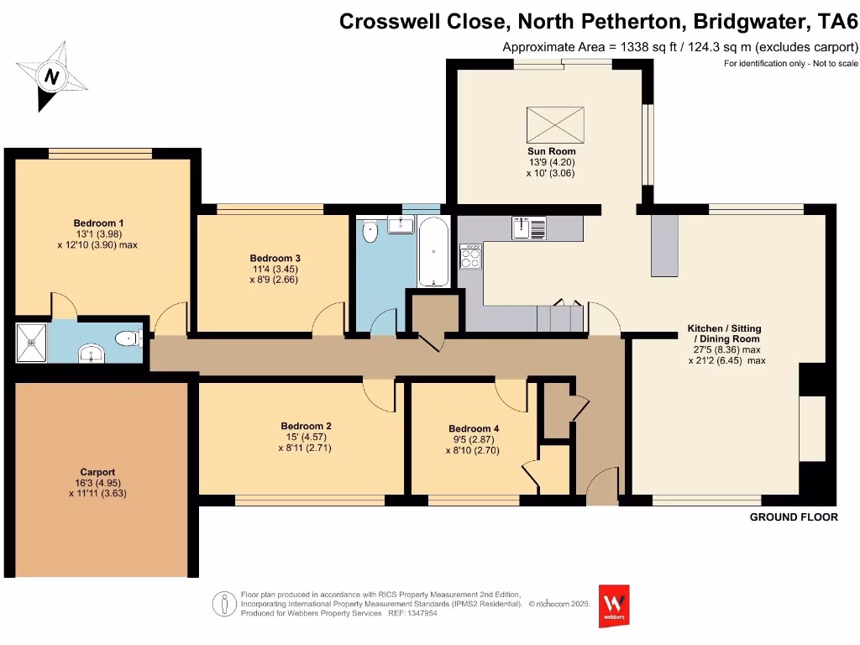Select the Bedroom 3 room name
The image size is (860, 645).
(275, 258)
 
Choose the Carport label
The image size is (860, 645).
(97, 472)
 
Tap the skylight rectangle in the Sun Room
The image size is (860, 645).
(554, 124)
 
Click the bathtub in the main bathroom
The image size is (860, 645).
(433, 252)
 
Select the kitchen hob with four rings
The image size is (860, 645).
(470, 256)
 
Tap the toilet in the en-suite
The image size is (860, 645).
(128, 339)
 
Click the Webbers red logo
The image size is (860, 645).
(613, 605)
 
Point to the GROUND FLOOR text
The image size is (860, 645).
(793, 517)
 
